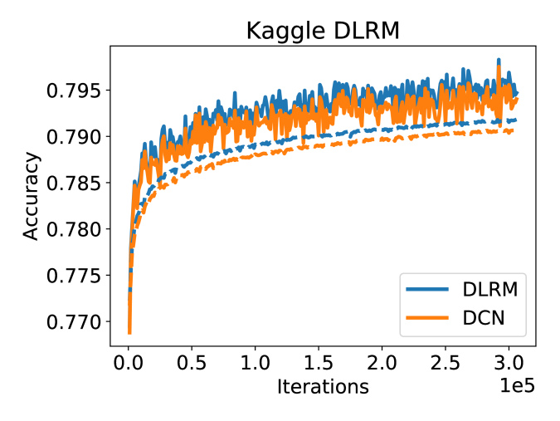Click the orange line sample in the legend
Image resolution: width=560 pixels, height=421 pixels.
click(x=428, y=319)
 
